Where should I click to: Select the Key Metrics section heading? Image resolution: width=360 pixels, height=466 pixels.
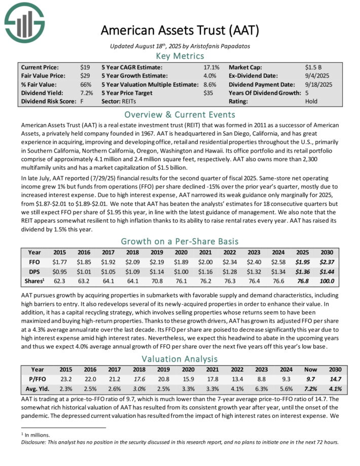180,56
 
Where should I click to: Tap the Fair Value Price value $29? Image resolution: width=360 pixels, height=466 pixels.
85,75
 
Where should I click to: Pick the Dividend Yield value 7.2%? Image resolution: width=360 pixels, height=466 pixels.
87,93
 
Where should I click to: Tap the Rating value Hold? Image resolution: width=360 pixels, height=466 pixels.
311,101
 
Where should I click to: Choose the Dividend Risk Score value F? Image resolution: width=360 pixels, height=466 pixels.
82,101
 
